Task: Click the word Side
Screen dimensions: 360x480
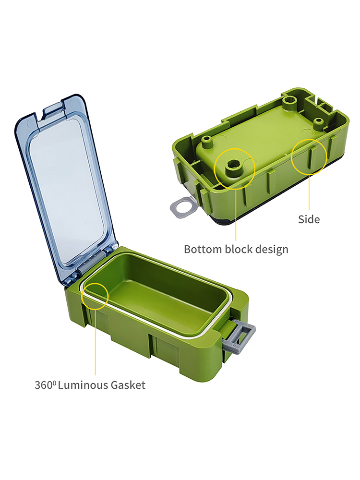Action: click(x=309, y=219)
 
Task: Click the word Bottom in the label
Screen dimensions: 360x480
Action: click(x=203, y=249)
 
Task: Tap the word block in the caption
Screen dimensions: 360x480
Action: click(x=239, y=249)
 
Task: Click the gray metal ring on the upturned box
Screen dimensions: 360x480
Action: click(x=182, y=207)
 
